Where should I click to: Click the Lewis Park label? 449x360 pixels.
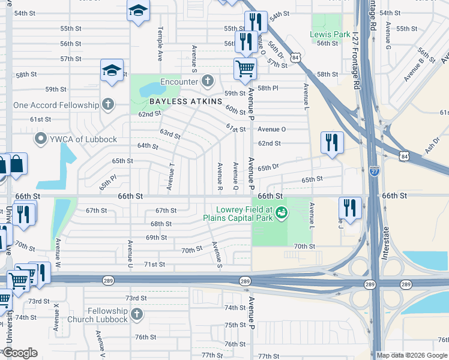click(330, 34)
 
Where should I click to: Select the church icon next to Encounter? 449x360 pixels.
click(208, 81)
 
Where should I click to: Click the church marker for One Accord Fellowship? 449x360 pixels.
click(108, 105)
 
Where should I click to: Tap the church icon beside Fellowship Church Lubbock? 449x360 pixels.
click(137, 314)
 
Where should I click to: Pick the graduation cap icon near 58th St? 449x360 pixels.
click(112, 70)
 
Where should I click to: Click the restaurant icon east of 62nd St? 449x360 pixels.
click(332, 142)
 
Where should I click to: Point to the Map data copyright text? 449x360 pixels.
click(412, 355)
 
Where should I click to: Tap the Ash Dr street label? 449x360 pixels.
click(430, 143)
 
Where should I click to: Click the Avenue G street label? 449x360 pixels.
click(388, 35)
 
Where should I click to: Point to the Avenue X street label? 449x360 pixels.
click(56, 317)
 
